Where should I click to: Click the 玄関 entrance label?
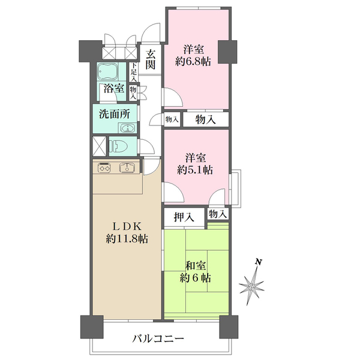coord(151,59)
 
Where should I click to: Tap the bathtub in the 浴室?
coord(112,72)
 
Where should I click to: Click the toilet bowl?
coord(120,145)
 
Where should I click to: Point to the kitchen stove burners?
coord(104,167)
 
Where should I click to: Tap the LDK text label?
coord(128,226)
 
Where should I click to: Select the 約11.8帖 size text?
coord(128,239)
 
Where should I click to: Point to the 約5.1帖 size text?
coord(195,170)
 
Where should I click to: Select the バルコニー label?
coord(158,340)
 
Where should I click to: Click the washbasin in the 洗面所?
coord(127,128)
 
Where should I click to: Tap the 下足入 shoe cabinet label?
coord(134,73)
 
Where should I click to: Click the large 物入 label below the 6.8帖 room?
coord(206,119)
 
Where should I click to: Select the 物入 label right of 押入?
coord(218,214)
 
